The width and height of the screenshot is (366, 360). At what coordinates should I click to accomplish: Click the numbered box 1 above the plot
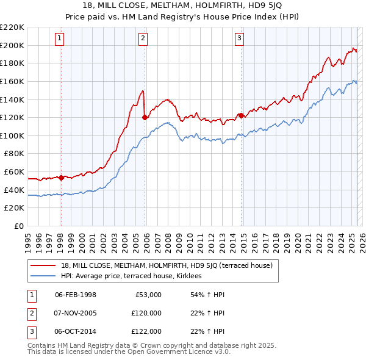tap(60, 38)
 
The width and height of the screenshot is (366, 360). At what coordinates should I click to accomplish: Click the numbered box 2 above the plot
tap(143, 38)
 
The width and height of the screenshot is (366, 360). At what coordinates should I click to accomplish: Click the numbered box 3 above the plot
tap(239, 38)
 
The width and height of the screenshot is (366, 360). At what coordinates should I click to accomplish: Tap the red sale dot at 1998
tap(61, 178)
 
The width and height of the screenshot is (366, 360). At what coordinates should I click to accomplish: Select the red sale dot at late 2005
tap(145, 117)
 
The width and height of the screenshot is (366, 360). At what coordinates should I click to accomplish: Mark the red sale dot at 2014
tap(241, 115)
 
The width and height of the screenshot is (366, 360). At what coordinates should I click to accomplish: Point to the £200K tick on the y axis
tap(13, 45)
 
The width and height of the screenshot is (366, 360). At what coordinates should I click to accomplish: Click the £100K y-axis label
tap(13, 135)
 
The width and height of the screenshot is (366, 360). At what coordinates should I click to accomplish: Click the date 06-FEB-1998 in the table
tap(76, 295)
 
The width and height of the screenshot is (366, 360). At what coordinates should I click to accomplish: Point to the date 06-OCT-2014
tap(76, 331)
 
